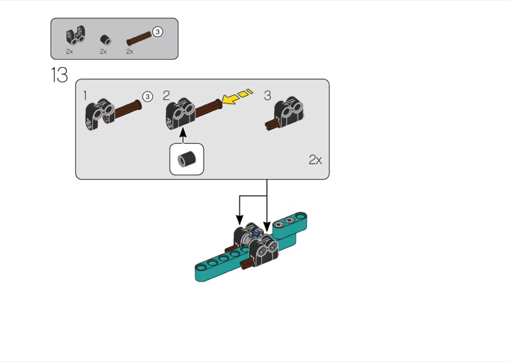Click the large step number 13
pos(59,75)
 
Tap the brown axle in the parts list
pos(139,38)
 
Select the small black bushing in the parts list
pos(105,40)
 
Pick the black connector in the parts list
pos(76,36)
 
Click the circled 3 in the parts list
pos(158,32)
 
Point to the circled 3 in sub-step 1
pos(148,97)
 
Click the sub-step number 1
pos(85,96)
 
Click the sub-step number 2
pos(166,96)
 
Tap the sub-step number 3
pos(267,96)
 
